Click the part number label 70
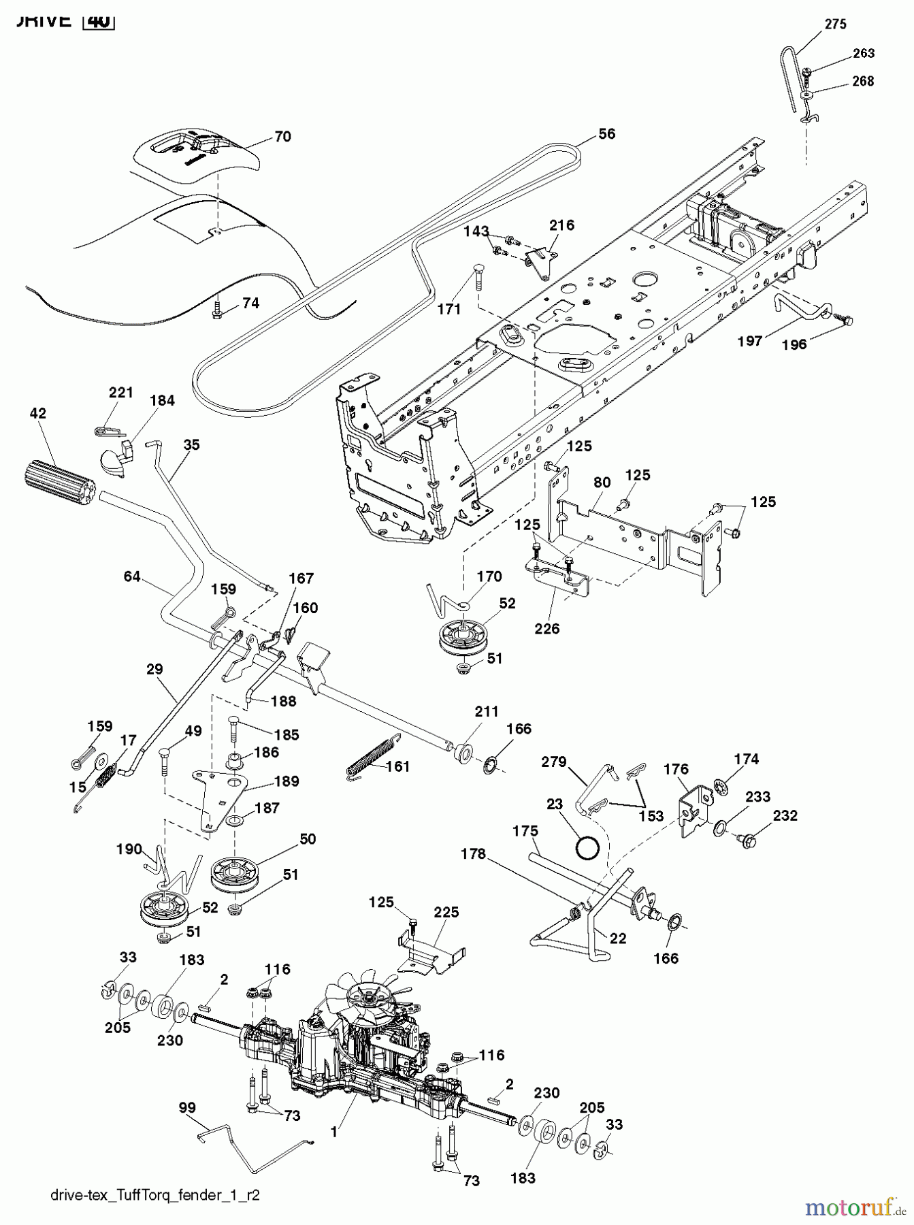coord(282,137)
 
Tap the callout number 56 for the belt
coord(606,134)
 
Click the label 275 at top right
coord(835,24)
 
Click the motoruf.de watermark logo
coord(855,1207)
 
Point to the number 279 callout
coord(553,762)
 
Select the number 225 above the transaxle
coord(446,911)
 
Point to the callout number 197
coord(750,341)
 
